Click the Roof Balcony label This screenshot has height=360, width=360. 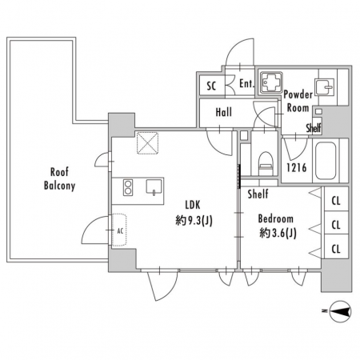(59, 178)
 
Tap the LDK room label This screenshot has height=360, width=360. (193, 205)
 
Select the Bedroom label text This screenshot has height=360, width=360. (276, 219)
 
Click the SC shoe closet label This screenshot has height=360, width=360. (211, 86)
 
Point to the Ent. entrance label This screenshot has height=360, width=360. (246, 83)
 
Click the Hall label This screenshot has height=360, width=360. (223, 112)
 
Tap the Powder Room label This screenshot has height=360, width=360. (298, 101)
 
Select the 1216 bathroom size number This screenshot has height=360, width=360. (297, 168)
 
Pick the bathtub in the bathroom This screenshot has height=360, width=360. (326, 161)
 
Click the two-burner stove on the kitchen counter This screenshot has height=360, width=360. (128, 187)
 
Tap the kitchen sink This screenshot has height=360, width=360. (154, 186)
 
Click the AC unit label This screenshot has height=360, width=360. (120, 231)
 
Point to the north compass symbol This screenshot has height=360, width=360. (340, 311)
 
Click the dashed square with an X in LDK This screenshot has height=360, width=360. (147, 143)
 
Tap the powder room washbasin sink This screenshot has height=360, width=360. (325, 87)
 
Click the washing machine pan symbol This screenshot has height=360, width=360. (271, 82)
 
